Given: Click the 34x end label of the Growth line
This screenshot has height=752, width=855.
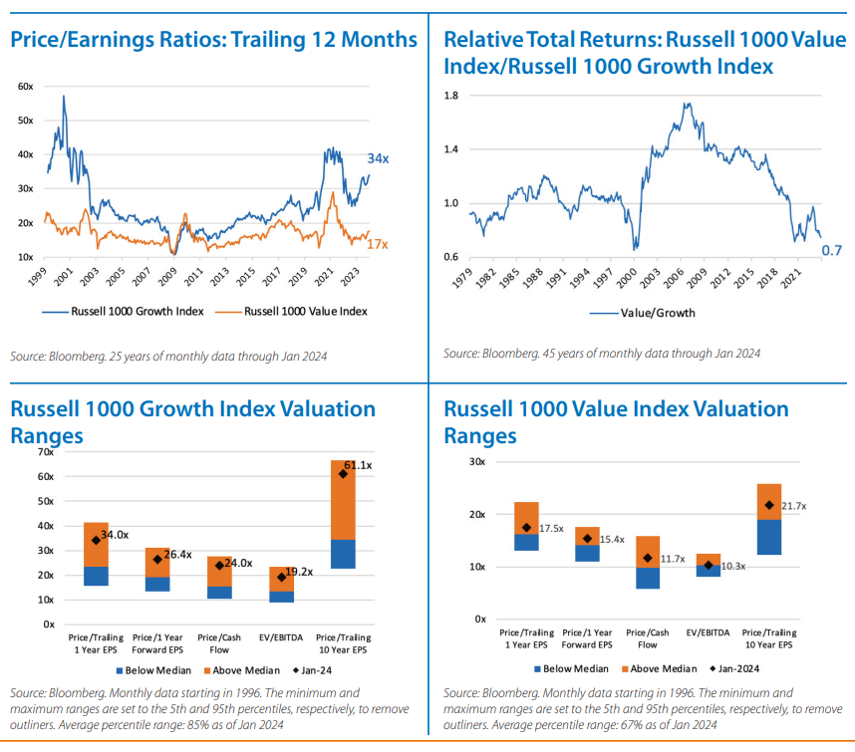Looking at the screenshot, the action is click(378, 158).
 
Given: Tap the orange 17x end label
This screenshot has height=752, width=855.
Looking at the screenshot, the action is click(378, 244).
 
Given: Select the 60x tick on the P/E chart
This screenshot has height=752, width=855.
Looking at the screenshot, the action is click(26, 86).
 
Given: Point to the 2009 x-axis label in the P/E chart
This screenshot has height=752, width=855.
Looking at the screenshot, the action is click(166, 277).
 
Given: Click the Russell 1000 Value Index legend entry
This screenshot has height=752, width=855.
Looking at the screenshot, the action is click(291, 311).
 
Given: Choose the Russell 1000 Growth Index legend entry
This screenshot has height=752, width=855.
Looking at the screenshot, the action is click(123, 311).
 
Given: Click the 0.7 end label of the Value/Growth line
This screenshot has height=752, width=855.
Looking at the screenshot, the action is click(831, 251).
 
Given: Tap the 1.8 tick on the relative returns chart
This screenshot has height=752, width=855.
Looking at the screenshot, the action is click(451, 96).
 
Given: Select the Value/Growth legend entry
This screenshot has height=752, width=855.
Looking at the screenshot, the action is click(643, 313).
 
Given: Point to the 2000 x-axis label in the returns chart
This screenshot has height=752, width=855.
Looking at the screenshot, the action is click(627, 279).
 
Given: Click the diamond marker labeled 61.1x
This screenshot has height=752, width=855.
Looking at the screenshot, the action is click(343, 474).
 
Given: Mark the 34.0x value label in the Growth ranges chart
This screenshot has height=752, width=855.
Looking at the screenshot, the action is click(115, 535).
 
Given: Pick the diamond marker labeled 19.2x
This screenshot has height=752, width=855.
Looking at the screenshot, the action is click(281, 577).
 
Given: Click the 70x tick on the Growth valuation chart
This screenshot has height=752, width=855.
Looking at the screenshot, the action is click(45, 452).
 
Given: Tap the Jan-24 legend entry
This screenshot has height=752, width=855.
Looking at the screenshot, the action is click(313, 670).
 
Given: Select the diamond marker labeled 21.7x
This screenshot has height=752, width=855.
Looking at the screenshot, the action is click(769, 505).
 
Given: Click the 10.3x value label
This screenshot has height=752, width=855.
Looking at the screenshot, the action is click(732, 566).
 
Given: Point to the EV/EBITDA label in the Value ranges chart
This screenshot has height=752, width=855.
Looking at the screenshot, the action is click(708, 632).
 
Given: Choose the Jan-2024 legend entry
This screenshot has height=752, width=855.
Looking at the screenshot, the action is click(734, 668).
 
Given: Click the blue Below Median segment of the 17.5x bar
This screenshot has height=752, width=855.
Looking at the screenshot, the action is click(526, 542).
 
